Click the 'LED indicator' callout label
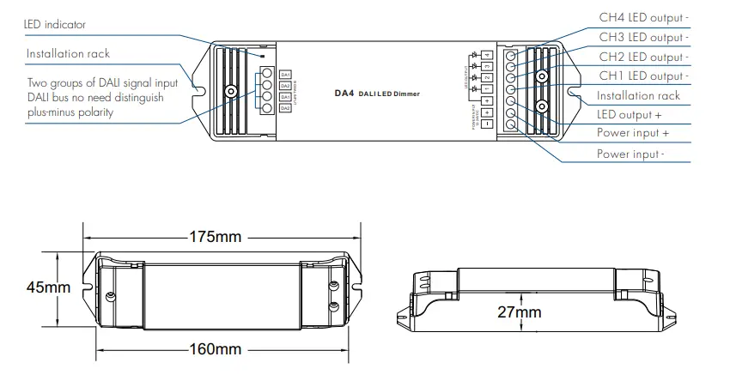pyautogui.click(x=55, y=25)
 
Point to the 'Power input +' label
pyautogui.click(x=633, y=134)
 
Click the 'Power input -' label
pyautogui.click(x=631, y=154)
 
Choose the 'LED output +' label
pyautogui.click(x=629, y=115)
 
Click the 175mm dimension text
pyautogui.click(x=216, y=237)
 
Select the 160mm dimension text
pyautogui.click(x=216, y=350)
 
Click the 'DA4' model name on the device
pyautogui.click(x=344, y=93)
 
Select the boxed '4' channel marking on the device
pyautogui.click(x=486, y=56)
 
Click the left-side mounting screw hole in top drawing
pyautogui.click(x=230, y=92)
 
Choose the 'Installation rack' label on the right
pyautogui.click(x=638, y=96)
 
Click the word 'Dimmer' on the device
pyautogui.click(x=407, y=94)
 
